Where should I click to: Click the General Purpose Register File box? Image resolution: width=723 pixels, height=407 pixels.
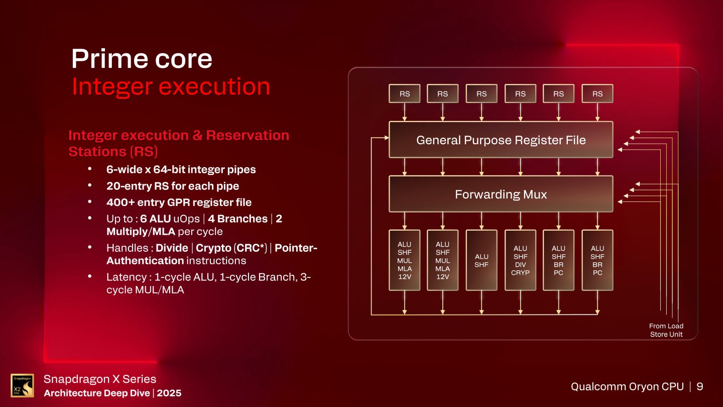tap(501, 140)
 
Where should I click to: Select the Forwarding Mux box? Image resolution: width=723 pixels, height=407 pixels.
tap(501, 194)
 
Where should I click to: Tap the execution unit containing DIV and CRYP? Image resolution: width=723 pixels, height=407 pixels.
tap(520, 260)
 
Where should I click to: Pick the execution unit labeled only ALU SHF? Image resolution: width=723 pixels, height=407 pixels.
tap(481, 260)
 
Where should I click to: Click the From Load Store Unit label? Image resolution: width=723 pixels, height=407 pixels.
tap(666, 330)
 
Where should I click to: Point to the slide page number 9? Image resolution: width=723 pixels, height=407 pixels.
tap(700, 386)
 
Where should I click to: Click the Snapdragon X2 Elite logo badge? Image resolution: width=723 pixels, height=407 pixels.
tap(22, 385)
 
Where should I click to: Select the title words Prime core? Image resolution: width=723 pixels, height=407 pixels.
tap(142, 58)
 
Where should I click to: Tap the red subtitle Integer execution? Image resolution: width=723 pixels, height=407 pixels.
tap(171, 86)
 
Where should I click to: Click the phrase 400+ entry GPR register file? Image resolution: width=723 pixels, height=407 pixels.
tap(179, 202)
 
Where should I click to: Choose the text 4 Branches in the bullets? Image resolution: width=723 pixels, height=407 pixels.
tap(237, 219)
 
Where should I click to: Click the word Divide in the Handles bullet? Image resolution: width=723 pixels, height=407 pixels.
tap(172, 248)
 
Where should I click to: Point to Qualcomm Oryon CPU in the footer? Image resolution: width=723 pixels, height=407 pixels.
tap(627, 386)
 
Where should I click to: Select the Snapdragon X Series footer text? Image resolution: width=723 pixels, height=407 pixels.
tap(100, 379)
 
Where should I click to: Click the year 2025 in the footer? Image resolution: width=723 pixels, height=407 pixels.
tap(169, 393)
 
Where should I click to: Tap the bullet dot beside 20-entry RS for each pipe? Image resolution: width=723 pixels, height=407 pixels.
tap(90, 185)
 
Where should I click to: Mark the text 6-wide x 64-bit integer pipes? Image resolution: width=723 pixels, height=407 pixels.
tap(181, 170)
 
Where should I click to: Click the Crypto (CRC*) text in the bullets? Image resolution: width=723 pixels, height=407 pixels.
tap(231, 248)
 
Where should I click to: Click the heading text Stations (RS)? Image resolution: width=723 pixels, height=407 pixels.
tap(113, 152)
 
